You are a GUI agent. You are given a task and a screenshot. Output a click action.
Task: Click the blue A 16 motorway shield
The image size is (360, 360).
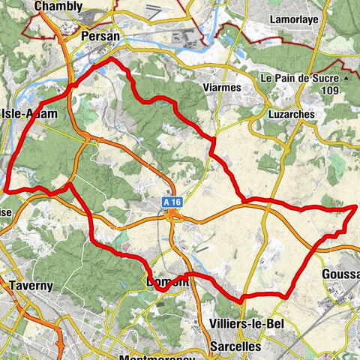click(172, 202)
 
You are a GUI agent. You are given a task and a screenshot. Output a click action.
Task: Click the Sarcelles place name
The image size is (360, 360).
click(235, 346)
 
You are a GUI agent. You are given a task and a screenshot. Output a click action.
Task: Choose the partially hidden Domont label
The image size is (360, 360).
click(165, 282)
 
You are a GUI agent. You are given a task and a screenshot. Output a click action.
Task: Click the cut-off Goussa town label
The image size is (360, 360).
click(342, 274)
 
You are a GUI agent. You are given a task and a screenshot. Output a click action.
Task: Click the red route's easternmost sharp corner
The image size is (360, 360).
click(355, 205)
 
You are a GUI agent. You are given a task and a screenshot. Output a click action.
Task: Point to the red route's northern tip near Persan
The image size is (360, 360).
click(112, 58)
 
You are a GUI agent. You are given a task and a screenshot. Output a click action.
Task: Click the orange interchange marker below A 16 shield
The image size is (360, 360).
click(173, 217)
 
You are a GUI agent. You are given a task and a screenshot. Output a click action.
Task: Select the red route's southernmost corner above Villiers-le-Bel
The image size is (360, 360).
click(242, 301)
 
